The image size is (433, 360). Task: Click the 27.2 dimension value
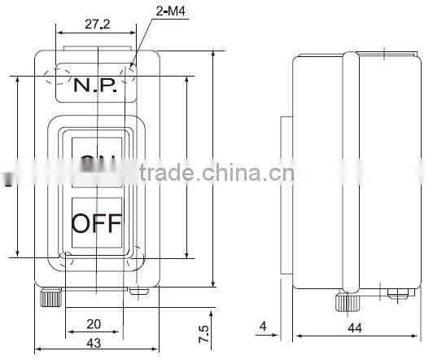click(x=96, y=24)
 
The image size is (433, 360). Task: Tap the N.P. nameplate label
click(x=95, y=84)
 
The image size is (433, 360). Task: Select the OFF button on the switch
click(x=96, y=222)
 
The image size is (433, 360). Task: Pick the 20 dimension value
click(x=94, y=322)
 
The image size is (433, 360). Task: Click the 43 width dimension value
click(x=94, y=343)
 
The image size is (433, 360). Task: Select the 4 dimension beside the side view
click(x=263, y=327)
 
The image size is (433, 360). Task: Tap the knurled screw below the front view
click(x=50, y=298)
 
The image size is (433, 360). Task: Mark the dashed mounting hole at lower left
click(x=66, y=261)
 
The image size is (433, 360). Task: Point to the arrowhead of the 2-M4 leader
click(x=134, y=63)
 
